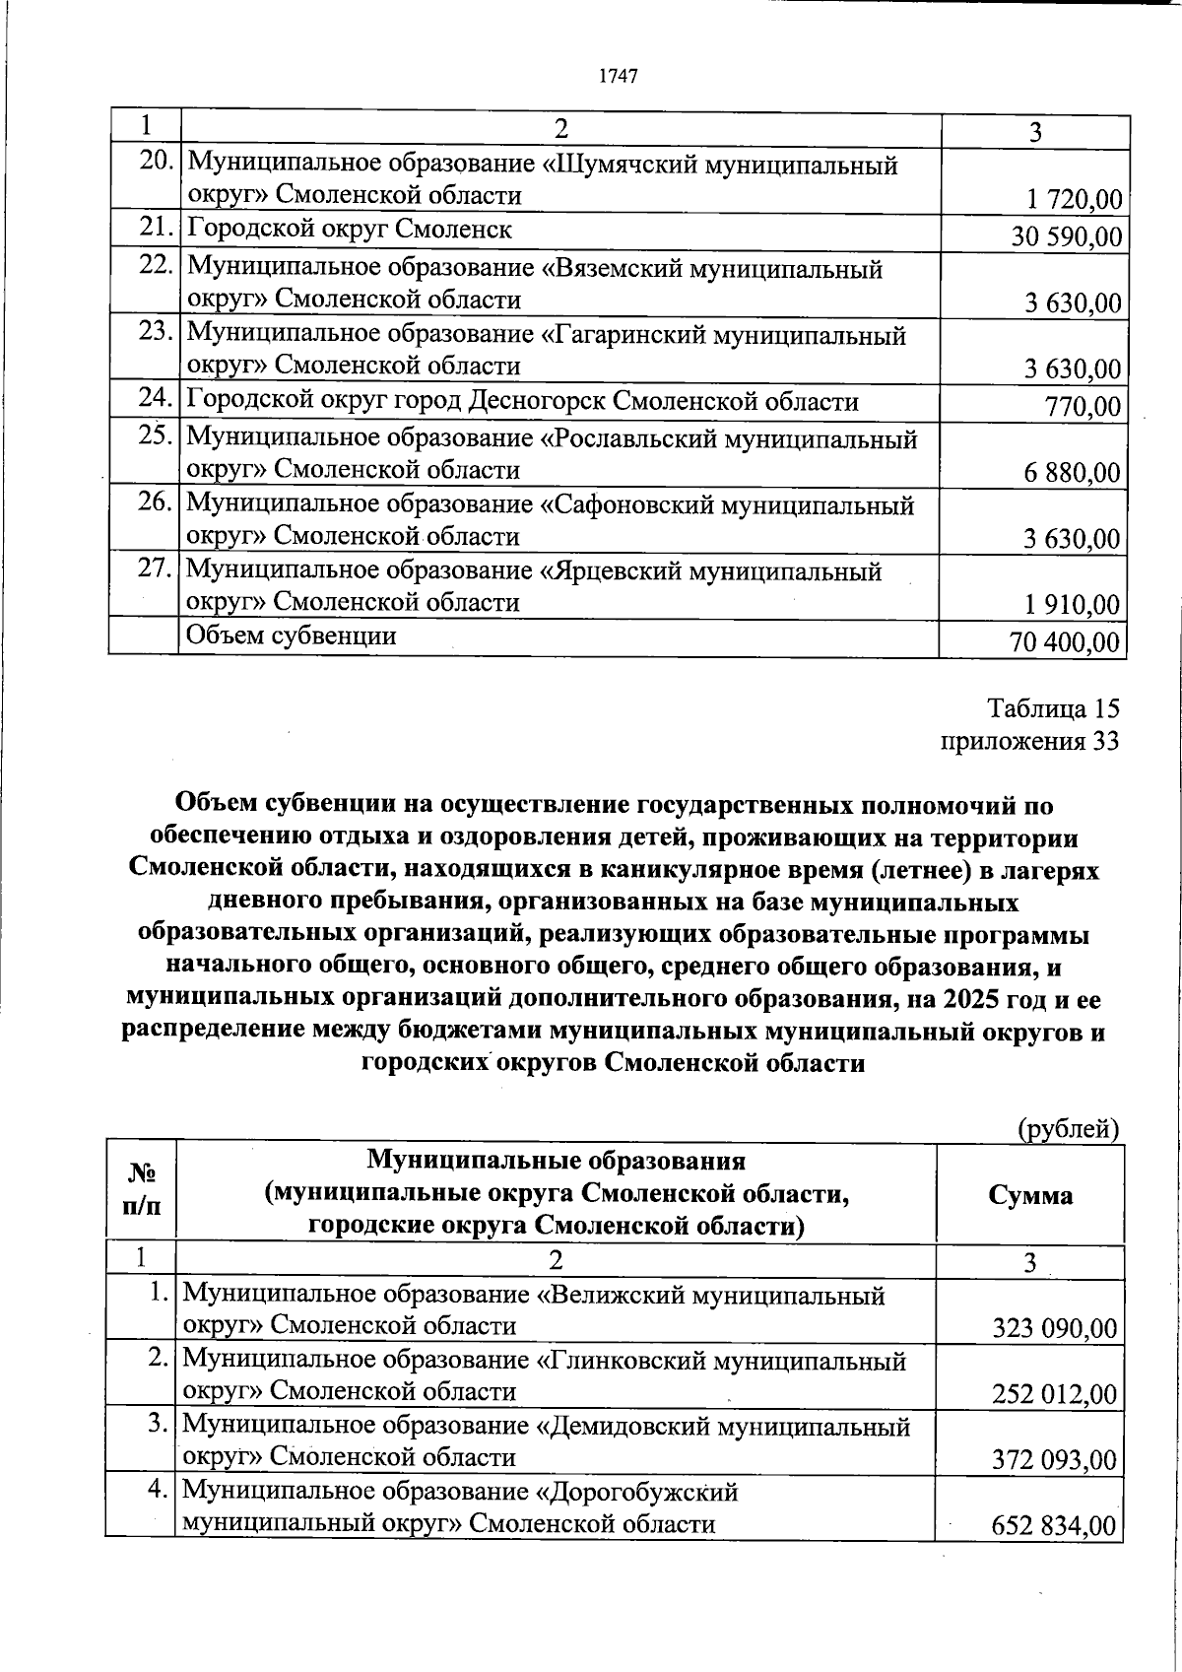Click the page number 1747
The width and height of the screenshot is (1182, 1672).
pos(620,76)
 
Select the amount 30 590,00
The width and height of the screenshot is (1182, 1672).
pos(1066,236)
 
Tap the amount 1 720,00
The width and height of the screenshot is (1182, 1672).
pos(1074,200)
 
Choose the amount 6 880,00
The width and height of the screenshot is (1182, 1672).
pos(1072,473)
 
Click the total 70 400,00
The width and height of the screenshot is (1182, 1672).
pos(1064,643)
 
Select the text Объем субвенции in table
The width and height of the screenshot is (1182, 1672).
pos(292,635)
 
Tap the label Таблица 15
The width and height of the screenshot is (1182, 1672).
pos(1053,709)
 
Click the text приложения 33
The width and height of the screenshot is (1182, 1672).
pos(1029,741)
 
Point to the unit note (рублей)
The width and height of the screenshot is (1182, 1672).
pos(1068,1128)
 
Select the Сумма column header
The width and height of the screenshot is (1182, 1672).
pos(1029,1195)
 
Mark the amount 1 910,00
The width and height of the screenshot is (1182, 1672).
pos(1073,604)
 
